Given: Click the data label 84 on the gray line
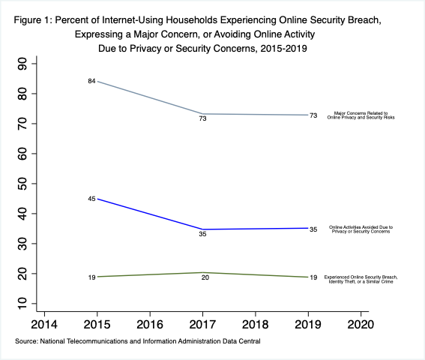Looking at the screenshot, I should tap(91, 81).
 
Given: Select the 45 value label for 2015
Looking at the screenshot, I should tap(91, 199).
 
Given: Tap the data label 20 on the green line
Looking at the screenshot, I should tap(202, 278).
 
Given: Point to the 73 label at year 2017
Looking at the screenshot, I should tap(202, 119).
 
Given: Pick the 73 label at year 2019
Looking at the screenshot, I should tap(313, 115).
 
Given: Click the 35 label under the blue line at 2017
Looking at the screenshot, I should tap(202, 234).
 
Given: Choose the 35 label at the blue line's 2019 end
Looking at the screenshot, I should tap(313, 229).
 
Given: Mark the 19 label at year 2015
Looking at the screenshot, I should tap(91, 277).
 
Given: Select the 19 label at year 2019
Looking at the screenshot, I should tap(313, 277).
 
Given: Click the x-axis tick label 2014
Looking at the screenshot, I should tap(44, 324).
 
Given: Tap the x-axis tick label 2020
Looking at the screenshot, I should tap(361, 324).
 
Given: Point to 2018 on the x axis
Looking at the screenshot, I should tap(255, 324).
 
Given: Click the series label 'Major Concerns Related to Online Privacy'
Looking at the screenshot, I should tap(360, 116).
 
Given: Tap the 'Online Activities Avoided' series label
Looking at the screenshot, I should tap(361, 229).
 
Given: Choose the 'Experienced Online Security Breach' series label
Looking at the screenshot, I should tap(361, 278).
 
